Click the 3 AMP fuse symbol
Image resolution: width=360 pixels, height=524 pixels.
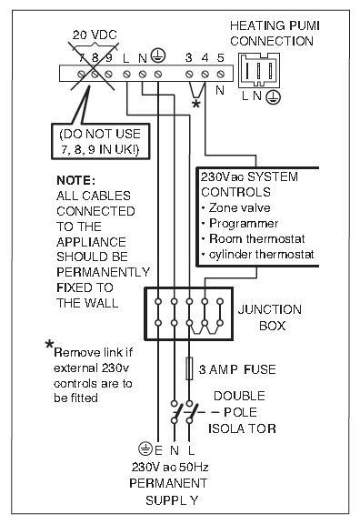pos(189,368)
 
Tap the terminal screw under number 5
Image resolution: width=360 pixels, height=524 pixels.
pos(220,74)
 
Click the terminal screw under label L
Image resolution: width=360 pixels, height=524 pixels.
pos(126,74)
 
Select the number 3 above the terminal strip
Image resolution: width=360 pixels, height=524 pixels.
pos(189,58)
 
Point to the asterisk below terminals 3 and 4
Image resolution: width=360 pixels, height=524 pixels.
pos(196,104)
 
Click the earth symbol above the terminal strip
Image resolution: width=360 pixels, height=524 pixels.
pos(157,55)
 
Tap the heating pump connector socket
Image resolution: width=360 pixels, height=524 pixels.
pos(259,71)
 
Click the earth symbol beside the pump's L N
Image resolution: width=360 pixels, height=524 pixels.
pos(273,97)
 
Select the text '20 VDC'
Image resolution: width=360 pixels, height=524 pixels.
pos(95,35)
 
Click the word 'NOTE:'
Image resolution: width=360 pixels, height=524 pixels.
pos(76,180)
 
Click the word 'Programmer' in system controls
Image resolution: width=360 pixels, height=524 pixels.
pos(244,223)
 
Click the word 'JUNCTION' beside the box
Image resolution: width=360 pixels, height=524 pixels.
pos(270,309)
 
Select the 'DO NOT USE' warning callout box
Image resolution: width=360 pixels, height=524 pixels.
pos(101,141)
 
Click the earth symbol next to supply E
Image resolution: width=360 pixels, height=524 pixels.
pos(145,448)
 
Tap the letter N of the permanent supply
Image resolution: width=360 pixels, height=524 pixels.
pos(175,450)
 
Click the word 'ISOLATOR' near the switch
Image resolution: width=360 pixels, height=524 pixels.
pos(242,428)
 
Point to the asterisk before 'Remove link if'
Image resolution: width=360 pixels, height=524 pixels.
pos(49,345)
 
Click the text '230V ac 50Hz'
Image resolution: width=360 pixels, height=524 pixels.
pos(170,467)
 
